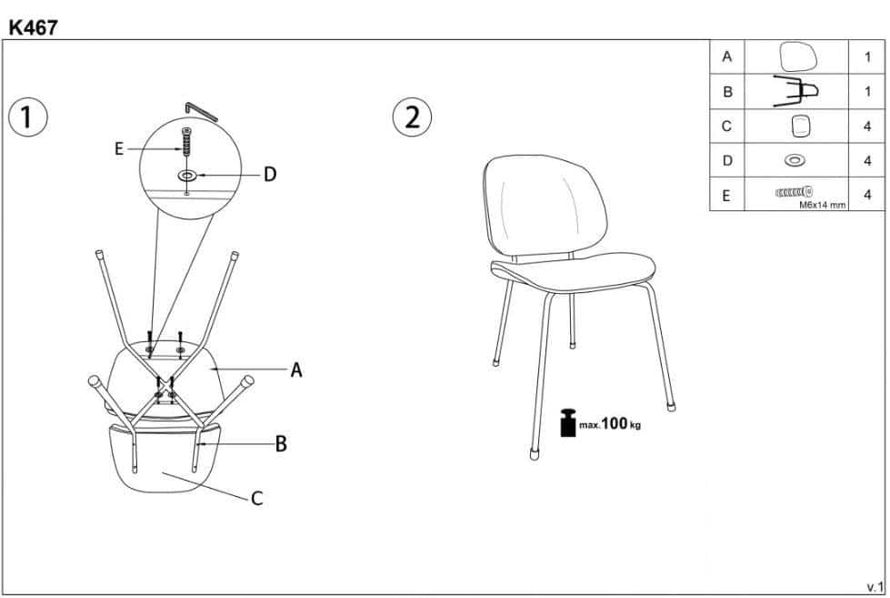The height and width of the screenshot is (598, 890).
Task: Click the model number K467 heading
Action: coord(33,27)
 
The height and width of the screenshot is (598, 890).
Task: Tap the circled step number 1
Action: coord(28,117)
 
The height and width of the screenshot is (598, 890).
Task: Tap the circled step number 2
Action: coord(412,117)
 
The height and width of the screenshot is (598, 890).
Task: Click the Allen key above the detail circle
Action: coord(201,111)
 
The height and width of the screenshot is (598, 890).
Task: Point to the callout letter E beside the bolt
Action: coord(118,149)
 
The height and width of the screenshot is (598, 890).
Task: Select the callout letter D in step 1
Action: coord(270,175)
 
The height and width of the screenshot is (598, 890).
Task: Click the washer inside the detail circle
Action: coord(186,176)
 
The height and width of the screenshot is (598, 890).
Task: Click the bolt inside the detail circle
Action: coord(186,142)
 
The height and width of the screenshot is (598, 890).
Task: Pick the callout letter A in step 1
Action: coord(296,370)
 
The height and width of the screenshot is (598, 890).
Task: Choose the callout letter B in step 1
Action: coord(281,444)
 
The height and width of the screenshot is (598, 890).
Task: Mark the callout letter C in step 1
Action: coord(257,499)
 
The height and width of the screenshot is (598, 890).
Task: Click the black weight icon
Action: coord(568,423)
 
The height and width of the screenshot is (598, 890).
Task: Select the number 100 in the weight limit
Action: coord(615,423)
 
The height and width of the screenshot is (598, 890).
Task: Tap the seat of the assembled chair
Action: coord(574,273)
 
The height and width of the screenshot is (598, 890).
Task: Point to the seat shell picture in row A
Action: coord(798,57)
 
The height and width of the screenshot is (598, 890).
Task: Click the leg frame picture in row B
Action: coord(795,92)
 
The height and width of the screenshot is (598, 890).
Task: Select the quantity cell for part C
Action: coord(866,127)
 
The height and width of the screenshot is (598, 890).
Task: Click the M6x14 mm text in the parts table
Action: coord(823,205)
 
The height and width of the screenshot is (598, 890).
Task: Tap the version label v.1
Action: coord(875,587)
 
